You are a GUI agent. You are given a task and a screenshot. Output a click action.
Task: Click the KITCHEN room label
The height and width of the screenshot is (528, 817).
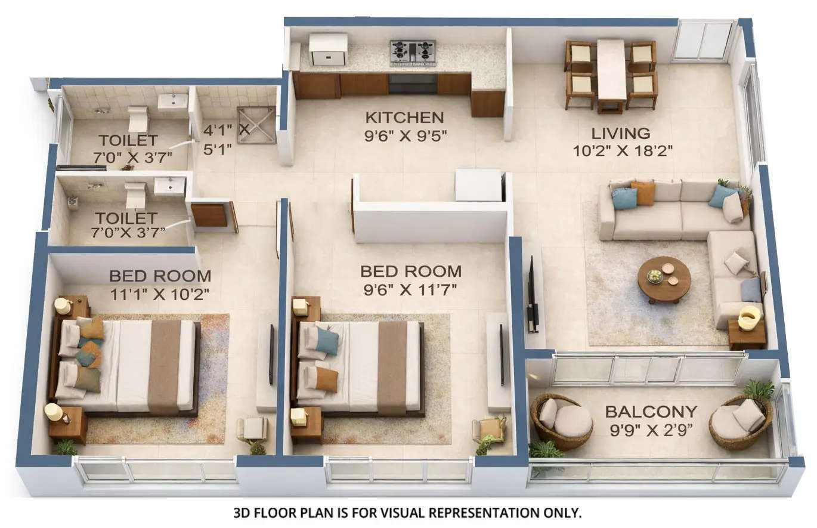pos(404,118)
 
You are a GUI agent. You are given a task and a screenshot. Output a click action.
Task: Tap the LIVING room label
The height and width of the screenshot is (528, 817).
pos(620,133)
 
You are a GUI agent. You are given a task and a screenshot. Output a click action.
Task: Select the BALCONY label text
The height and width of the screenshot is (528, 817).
pos(651,412)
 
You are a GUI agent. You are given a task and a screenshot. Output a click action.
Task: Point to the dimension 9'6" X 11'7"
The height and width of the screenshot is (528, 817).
pos(410,291)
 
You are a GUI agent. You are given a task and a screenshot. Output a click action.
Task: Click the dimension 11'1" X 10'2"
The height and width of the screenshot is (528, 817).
pos(159,294)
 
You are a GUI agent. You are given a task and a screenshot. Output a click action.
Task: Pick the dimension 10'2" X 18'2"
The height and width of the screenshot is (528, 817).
pos(623,150)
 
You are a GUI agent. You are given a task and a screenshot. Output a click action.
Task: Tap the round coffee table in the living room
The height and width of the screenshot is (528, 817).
pos(664,279)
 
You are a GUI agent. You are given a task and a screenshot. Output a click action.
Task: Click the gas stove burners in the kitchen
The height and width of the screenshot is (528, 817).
pos(413,52)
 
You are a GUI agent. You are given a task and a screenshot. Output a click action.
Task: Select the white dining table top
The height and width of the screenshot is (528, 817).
pos(611,69)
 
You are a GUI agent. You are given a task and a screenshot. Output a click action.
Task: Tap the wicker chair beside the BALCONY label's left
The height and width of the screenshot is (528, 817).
pos(561,421)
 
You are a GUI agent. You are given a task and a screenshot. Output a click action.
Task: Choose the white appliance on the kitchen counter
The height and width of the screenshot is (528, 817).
pos(327,49)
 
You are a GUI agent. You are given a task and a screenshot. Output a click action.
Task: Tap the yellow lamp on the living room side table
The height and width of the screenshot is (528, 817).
pos(749,317)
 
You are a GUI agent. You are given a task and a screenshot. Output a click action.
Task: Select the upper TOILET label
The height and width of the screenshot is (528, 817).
pos(128,141)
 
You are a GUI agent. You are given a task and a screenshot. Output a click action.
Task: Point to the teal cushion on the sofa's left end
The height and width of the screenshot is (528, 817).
pos(624,198)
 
